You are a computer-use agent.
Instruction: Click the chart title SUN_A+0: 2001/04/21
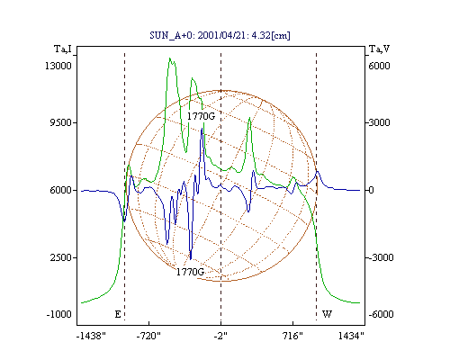(196, 35)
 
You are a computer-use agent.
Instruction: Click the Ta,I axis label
(63, 49)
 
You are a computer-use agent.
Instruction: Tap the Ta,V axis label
(379, 49)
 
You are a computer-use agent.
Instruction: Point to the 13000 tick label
(58, 66)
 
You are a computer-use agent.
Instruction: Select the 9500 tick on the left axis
(60, 122)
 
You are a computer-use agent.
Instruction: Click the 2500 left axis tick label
(60, 257)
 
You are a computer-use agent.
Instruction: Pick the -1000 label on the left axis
(59, 314)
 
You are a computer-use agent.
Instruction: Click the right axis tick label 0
(372, 190)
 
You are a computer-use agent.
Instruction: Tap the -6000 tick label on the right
(381, 314)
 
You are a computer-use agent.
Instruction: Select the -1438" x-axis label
(91, 336)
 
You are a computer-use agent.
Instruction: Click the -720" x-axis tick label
(148, 336)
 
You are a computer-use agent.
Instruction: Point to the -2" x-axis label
(220, 336)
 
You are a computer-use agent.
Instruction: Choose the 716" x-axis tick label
(292, 336)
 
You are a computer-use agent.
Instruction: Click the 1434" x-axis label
(351, 336)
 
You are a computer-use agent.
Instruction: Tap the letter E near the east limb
(118, 314)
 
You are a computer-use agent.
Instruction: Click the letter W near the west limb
(327, 314)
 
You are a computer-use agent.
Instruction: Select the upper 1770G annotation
(201, 116)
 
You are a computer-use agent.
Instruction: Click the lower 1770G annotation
(190, 272)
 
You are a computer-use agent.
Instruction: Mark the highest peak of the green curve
(170, 58)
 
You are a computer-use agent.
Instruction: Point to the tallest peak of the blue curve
(202, 129)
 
